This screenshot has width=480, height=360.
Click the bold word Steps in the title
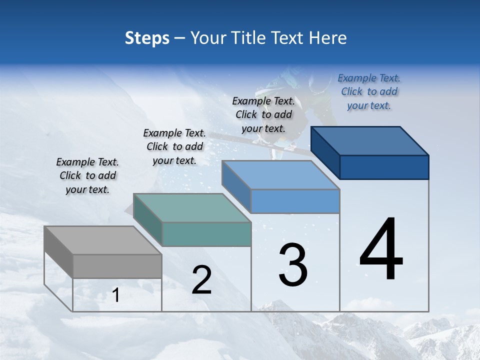[x=147, y=38]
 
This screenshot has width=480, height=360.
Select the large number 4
[x=381, y=249]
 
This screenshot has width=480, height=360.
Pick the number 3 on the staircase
[x=293, y=265]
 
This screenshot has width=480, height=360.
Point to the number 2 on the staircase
[x=201, y=280]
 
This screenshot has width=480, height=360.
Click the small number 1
[x=116, y=295]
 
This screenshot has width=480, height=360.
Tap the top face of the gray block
[x=103, y=240]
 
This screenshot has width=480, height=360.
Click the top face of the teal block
[x=192, y=208]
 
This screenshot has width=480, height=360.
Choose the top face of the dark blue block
[x=370, y=141]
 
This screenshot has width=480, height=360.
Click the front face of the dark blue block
[x=384, y=167]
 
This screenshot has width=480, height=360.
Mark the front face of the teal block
[x=206, y=234]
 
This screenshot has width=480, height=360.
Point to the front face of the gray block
[x=117, y=266]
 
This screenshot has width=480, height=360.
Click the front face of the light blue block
[x=295, y=201]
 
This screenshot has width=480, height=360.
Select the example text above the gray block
[x=87, y=176]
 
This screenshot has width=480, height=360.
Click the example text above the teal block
[x=174, y=147]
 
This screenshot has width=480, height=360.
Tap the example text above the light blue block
[x=263, y=115]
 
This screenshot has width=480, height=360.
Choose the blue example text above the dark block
[x=369, y=92]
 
